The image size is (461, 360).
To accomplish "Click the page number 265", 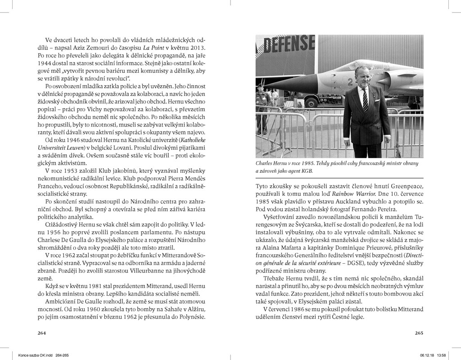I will click(419, 333).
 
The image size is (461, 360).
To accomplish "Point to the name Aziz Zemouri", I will click(88, 48).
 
